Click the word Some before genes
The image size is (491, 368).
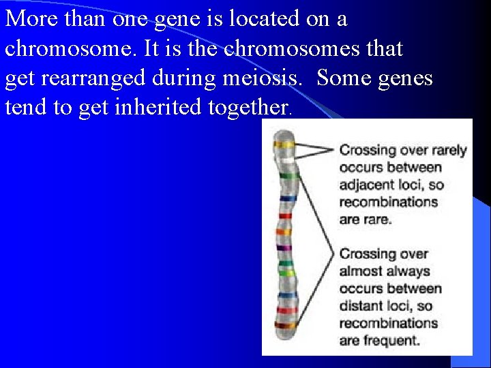coord(345,78)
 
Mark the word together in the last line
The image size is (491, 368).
coord(252,108)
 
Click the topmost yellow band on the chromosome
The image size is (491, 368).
coord(284,144)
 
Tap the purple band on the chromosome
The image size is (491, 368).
coord(284,247)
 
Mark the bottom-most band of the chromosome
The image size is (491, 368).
coord(284,326)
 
